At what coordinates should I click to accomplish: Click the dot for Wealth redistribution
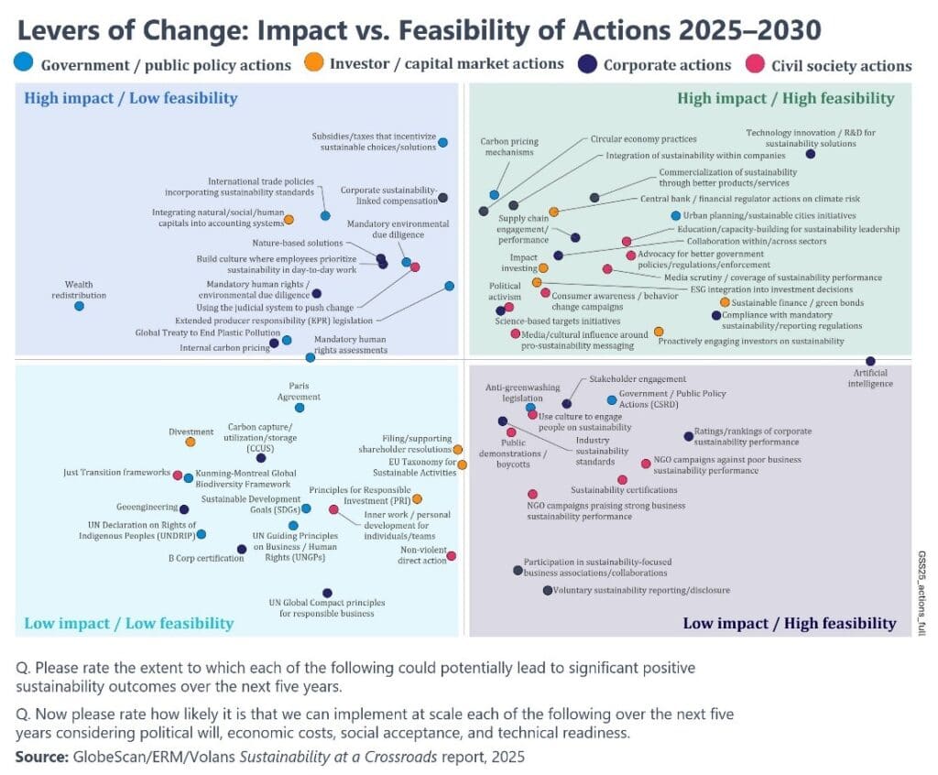tap(80, 306)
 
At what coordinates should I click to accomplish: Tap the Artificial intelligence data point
tap(870, 362)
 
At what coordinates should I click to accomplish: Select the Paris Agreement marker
tap(300, 408)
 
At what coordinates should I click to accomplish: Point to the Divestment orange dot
tap(191, 442)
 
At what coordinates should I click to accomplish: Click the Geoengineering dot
tap(184, 509)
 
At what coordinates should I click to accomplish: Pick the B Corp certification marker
tap(242, 550)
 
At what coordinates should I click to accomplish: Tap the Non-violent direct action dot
tap(451, 556)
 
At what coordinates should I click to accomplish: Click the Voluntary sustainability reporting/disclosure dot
tap(548, 591)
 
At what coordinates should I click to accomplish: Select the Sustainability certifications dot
tap(623, 479)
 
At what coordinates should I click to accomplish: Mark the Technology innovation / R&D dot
tap(811, 154)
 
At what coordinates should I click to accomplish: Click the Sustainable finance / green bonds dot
tap(725, 302)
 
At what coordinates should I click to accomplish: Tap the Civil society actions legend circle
tap(756, 65)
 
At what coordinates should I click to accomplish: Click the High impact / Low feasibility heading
tap(131, 99)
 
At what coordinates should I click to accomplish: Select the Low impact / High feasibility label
tap(790, 623)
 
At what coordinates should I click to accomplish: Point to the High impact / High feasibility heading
tap(786, 98)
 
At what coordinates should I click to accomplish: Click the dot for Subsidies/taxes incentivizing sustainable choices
tap(443, 143)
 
